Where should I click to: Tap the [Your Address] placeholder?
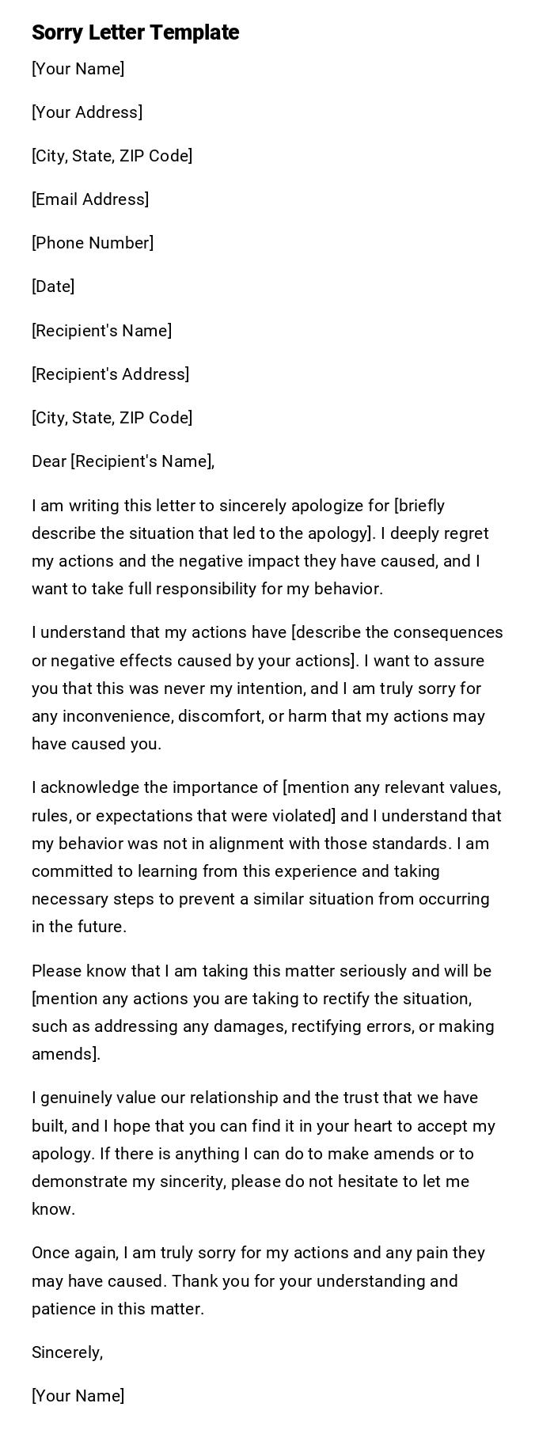tap(87, 112)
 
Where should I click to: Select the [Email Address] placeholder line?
tap(90, 199)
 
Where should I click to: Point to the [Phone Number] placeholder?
tap(93, 243)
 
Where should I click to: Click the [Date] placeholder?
tap(53, 286)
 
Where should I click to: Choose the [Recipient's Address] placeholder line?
tap(110, 374)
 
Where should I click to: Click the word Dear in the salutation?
tap(49, 461)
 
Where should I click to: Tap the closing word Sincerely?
tap(66, 1352)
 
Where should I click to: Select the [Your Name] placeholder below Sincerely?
tap(78, 1396)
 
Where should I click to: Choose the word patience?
tap(63, 1309)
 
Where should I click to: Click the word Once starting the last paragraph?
tap(50, 1253)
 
